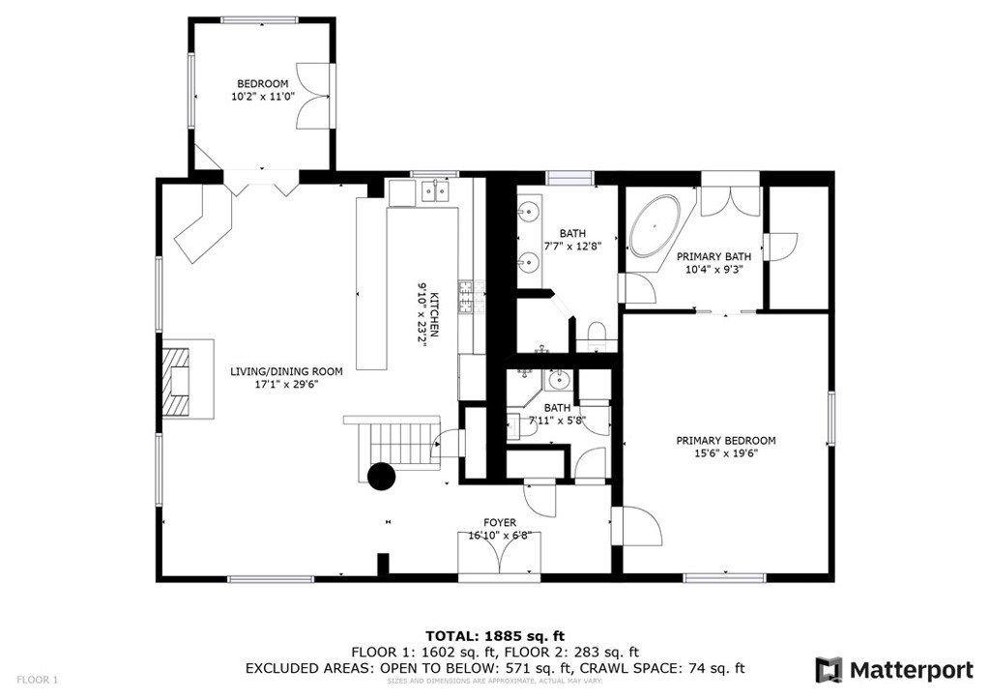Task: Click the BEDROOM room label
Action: [263, 84]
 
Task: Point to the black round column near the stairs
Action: [381, 476]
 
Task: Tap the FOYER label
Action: [500, 523]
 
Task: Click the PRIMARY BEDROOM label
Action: [725, 441]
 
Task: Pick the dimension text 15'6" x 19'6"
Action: [725, 453]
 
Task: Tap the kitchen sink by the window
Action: [433, 191]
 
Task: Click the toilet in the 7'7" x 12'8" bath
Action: [596, 336]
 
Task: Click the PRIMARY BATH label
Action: [713, 256]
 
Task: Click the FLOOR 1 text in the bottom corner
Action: [38, 680]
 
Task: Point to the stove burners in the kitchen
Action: [466, 298]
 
